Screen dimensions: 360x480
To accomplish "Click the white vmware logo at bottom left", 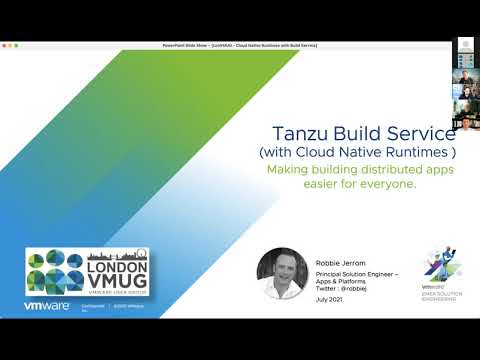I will [x=46, y=308].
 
